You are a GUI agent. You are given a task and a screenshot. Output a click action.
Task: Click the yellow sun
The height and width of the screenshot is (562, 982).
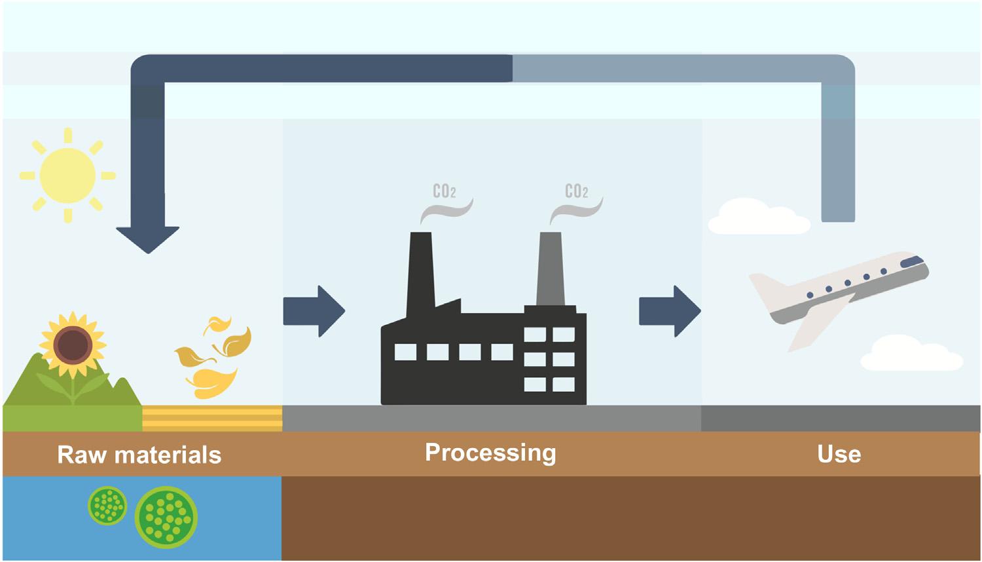pyautogui.click(x=67, y=175)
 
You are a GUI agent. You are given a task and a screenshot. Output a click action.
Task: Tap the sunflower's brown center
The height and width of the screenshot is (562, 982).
pyautogui.click(x=72, y=345)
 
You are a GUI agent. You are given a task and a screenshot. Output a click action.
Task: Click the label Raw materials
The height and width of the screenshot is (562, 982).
pyautogui.click(x=139, y=455)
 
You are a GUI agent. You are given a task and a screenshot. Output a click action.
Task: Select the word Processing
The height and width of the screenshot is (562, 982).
pyautogui.click(x=490, y=453)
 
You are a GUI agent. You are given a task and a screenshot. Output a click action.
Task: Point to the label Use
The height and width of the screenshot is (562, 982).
pyautogui.click(x=839, y=454)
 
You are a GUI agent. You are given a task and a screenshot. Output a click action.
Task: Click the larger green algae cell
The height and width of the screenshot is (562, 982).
pyautogui.click(x=166, y=517)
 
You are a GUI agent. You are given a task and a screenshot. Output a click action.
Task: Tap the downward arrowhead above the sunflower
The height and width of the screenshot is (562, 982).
pyautogui.click(x=148, y=239)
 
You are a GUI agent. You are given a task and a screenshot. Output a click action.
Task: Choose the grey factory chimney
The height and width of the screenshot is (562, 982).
pyautogui.click(x=550, y=269)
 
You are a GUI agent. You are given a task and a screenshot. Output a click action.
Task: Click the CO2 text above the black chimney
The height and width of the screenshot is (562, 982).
pyautogui.click(x=445, y=191)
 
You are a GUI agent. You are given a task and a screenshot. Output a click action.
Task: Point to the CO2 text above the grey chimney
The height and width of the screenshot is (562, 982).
pyautogui.click(x=576, y=191)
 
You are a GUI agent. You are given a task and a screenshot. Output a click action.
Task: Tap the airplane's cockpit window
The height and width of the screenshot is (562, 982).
pyautogui.click(x=912, y=261)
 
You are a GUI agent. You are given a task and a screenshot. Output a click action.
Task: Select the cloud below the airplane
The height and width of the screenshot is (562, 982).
pyautogui.click(x=910, y=353)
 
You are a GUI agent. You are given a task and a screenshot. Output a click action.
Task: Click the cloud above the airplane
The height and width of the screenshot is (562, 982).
pyautogui.click(x=759, y=217)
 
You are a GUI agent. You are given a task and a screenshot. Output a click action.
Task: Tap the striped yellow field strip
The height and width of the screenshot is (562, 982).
pyautogui.click(x=212, y=418)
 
